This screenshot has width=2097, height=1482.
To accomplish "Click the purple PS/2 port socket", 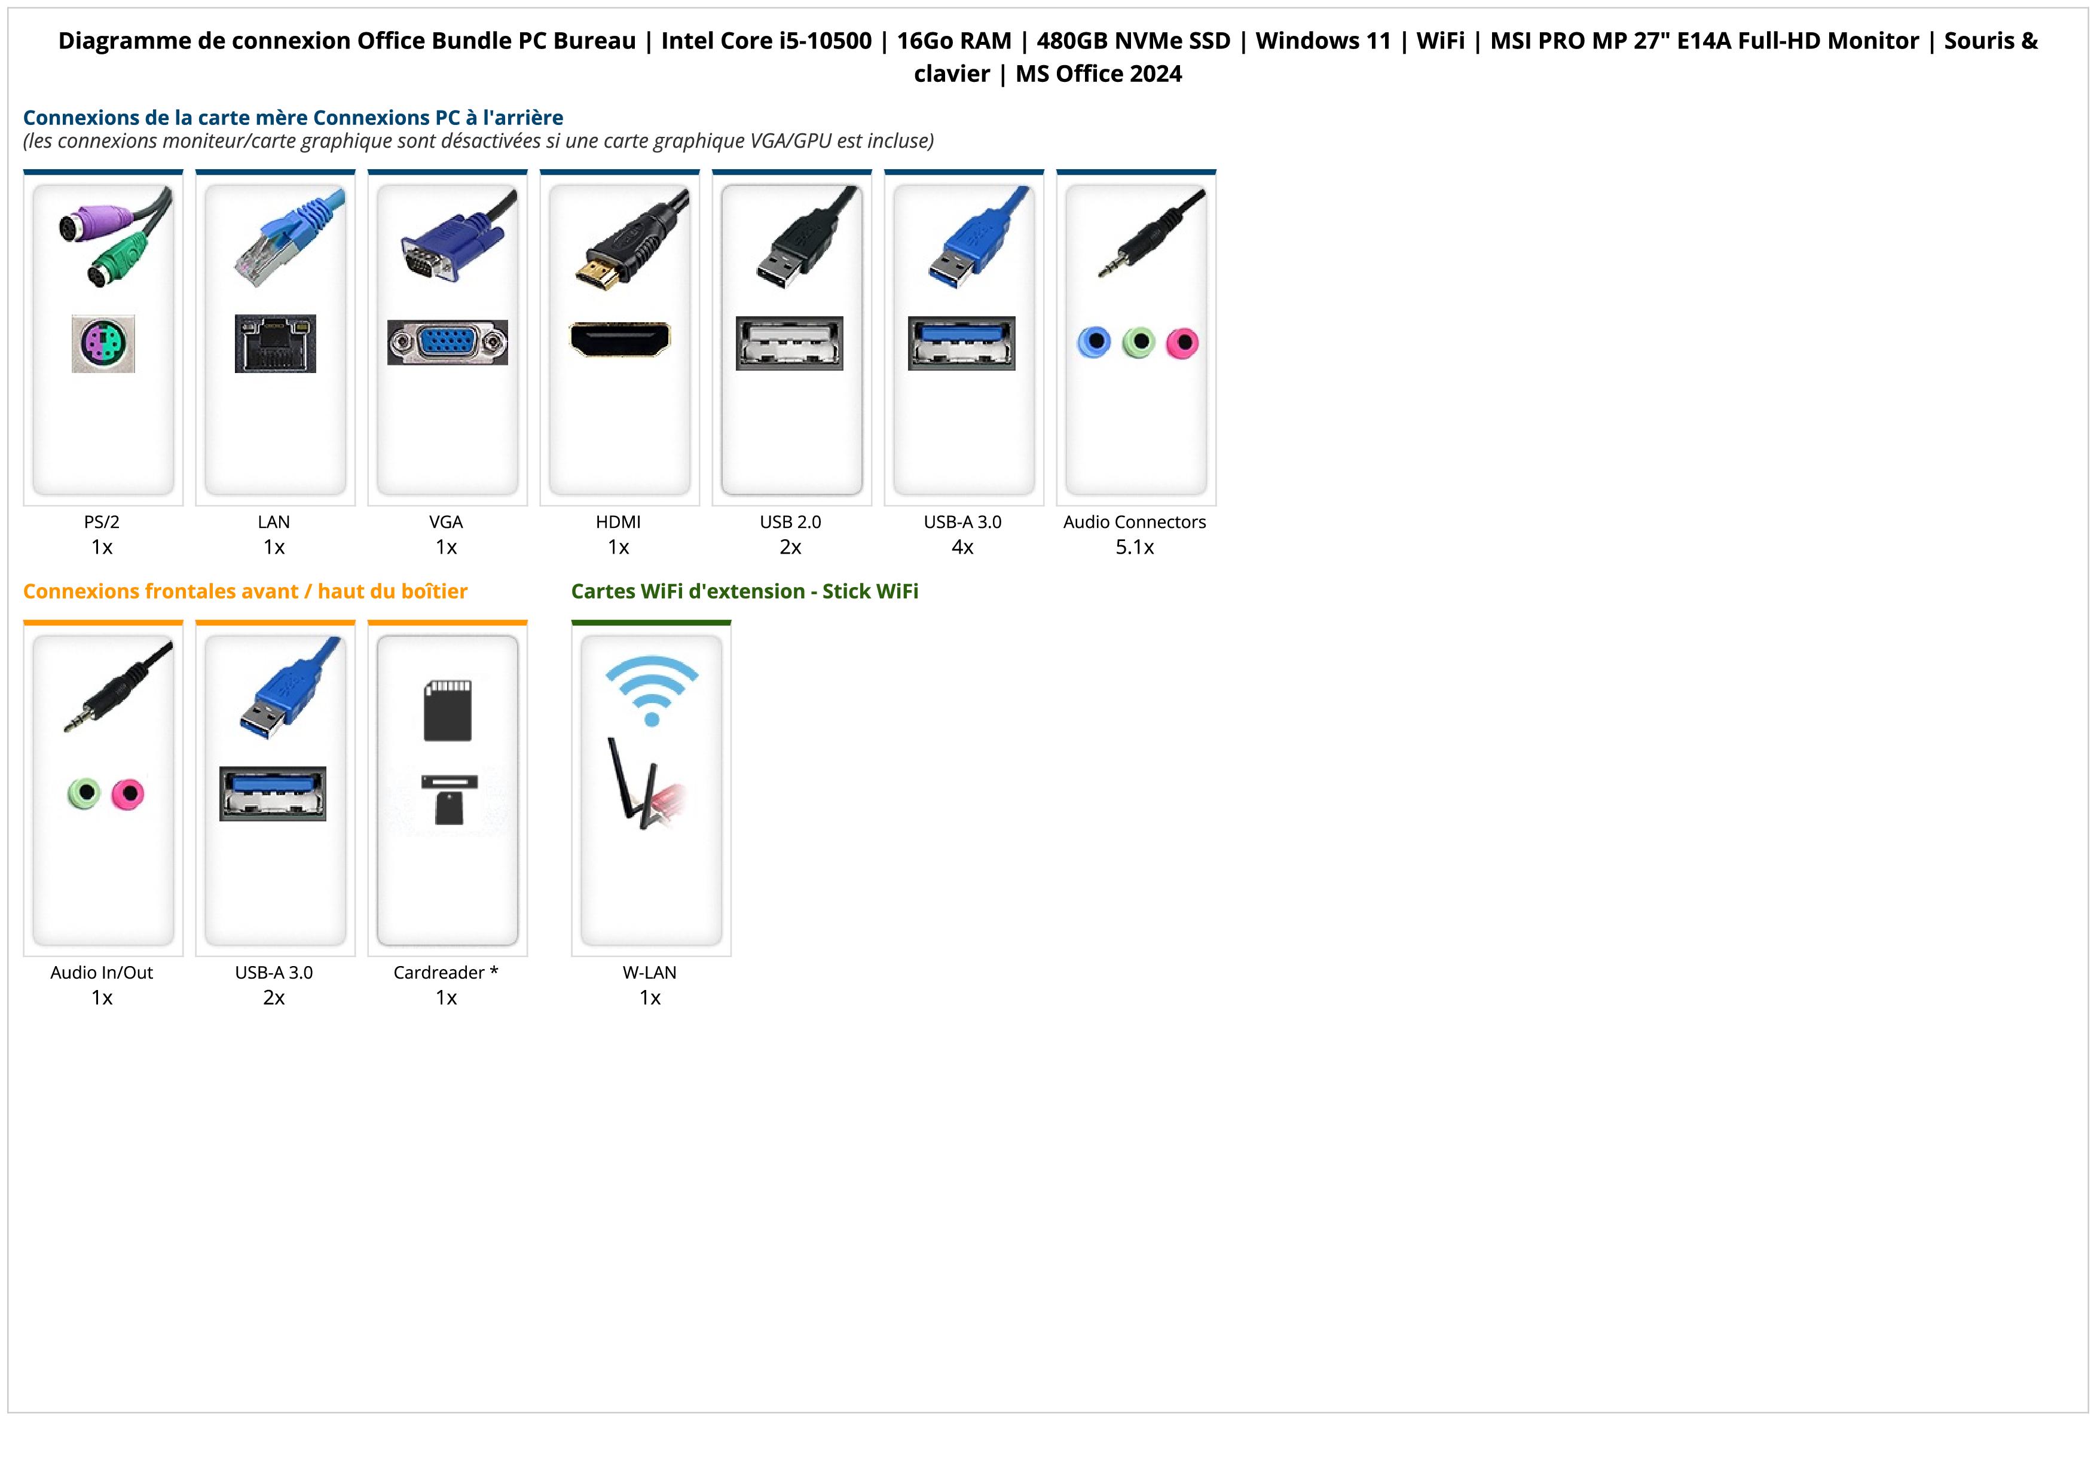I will pos(103,343).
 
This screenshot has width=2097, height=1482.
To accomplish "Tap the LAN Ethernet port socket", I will pos(275,343).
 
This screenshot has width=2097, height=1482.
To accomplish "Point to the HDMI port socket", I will pos(619,340).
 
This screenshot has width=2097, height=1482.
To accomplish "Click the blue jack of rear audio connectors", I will pos(1093,343).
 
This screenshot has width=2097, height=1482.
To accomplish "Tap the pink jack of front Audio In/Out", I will pos(128,793).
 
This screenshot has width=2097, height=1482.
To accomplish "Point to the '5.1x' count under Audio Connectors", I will pos(1135,547).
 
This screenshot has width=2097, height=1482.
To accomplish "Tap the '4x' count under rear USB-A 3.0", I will pos(962,547).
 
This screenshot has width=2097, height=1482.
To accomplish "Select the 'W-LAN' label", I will pos(649,973).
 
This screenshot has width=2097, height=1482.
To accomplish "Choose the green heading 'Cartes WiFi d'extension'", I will pos(744,592).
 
